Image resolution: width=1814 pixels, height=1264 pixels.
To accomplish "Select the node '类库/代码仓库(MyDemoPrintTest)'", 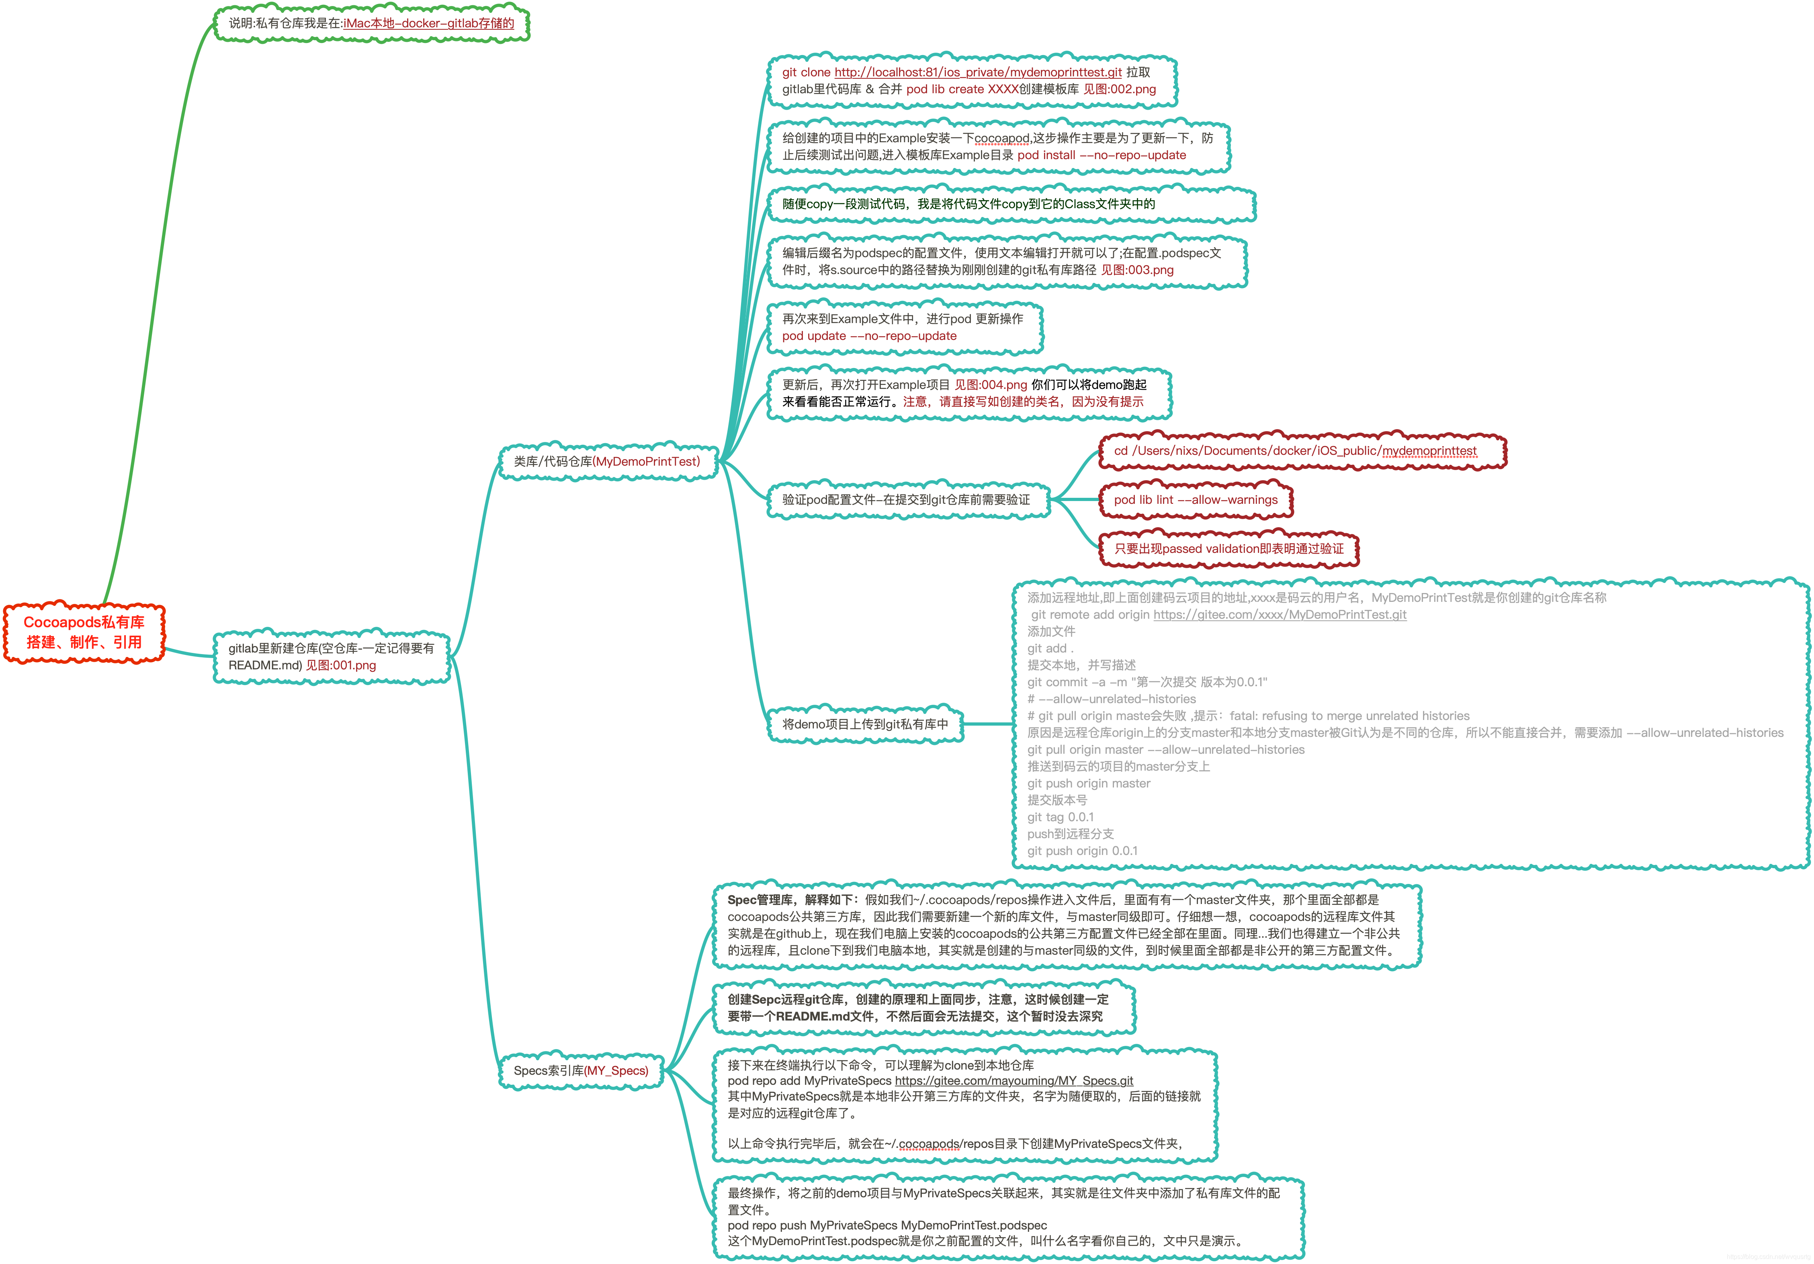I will [x=607, y=461].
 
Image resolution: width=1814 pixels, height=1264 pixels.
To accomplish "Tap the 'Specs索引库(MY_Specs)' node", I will [x=581, y=1070].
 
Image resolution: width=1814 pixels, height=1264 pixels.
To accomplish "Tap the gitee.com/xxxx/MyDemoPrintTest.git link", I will [x=1280, y=615].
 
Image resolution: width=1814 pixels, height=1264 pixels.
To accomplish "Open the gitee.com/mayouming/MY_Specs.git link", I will [x=1013, y=1081].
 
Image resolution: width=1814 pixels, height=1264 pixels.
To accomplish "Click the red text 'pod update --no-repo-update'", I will [x=869, y=336].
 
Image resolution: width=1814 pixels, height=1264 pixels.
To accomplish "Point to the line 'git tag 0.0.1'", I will [x=1060, y=817].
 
